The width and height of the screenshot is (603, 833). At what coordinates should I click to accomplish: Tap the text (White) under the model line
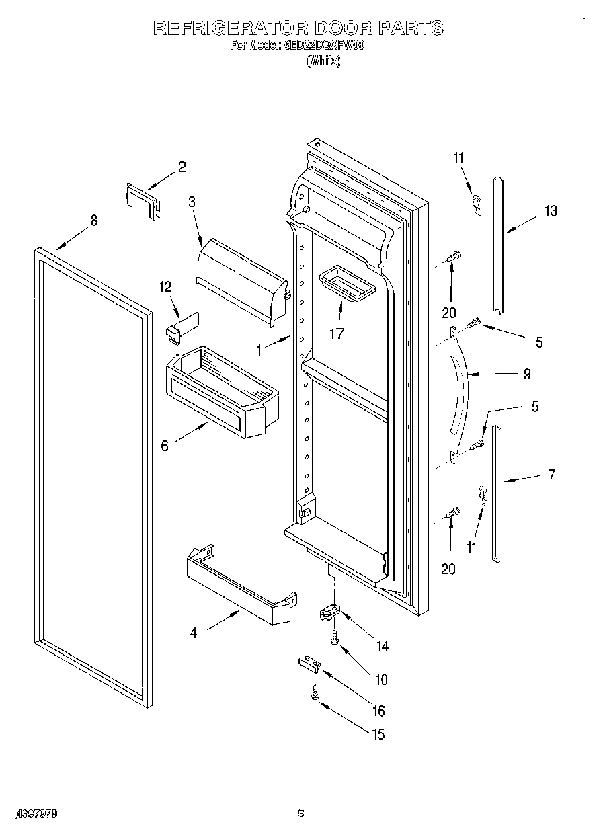point(323,61)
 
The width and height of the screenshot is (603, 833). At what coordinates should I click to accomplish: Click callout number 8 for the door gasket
point(93,220)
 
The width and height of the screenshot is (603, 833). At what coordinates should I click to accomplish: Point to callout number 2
point(182,167)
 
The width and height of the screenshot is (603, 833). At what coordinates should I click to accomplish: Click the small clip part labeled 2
point(142,200)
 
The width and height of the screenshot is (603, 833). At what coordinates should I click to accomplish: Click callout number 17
point(337,333)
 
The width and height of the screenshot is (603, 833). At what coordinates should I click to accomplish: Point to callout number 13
point(551,211)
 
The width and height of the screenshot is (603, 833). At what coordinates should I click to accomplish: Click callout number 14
point(382,647)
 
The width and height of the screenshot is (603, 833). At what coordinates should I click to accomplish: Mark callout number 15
point(378,734)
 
